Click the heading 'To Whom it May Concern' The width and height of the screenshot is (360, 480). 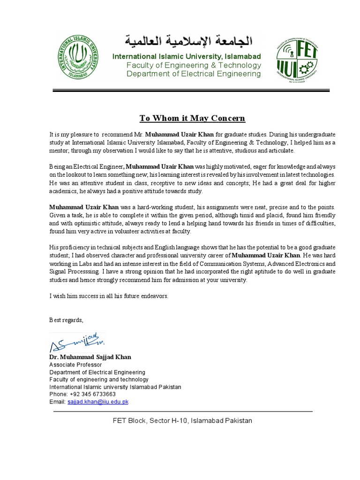(x=192, y=117)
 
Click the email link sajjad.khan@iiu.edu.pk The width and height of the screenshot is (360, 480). (x=98, y=402)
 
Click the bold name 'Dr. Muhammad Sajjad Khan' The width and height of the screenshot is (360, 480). (x=90, y=357)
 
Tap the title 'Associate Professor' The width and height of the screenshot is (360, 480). (x=75, y=365)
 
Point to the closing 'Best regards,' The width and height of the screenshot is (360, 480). (x=66, y=320)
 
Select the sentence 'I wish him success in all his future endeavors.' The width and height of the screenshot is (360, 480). (x=109, y=296)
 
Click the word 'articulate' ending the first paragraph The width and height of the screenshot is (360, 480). (x=280, y=150)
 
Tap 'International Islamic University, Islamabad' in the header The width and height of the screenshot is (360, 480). (x=187, y=57)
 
